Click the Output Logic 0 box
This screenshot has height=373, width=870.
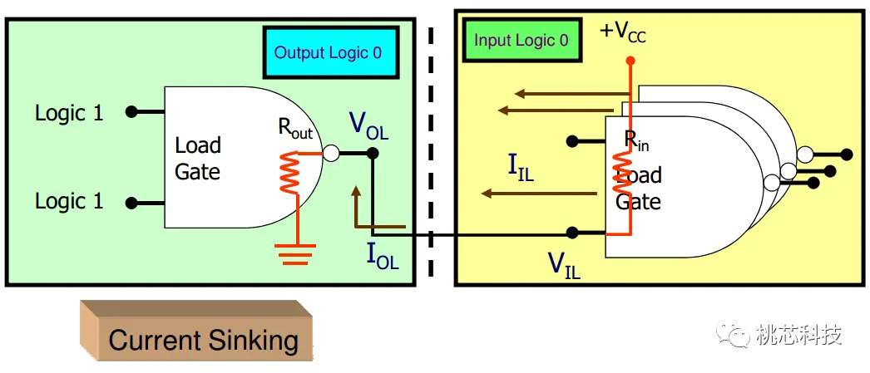click(x=330, y=52)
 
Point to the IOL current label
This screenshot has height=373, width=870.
click(x=383, y=256)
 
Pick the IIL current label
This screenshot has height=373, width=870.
click(x=521, y=167)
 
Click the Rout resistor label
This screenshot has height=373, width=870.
click(x=294, y=129)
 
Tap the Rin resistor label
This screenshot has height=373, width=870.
click(x=636, y=140)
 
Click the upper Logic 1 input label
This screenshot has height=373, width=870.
click(x=69, y=113)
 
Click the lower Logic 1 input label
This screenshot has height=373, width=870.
click(x=69, y=202)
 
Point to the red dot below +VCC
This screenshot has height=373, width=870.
click(x=630, y=61)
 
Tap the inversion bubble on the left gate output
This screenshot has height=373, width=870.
click(x=331, y=154)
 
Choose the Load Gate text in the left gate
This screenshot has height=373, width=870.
click(x=198, y=159)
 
